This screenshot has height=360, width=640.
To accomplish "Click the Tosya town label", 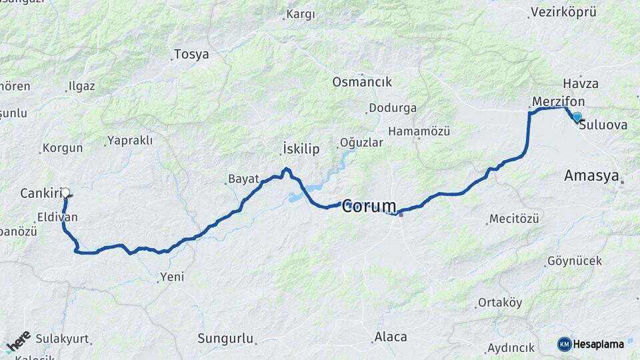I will (x=191, y=55).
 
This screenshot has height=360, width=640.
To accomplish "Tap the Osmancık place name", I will (x=362, y=82).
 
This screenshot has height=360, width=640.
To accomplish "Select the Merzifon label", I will (x=559, y=101).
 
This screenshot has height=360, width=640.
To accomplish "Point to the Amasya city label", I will (x=591, y=176).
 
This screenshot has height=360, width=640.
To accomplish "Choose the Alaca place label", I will (x=391, y=337).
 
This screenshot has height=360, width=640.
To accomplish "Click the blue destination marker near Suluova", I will (x=577, y=117).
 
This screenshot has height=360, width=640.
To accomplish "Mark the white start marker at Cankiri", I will (x=65, y=191).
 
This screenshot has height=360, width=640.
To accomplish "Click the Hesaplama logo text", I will (x=598, y=344).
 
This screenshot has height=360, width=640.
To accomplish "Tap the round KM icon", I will (x=564, y=344).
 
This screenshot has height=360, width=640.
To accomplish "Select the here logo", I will (x=19, y=341).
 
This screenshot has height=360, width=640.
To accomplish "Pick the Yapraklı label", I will (x=129, y=141).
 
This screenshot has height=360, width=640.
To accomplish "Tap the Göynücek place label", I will (x=574, y=261).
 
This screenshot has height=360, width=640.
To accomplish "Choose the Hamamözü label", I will (x=419, y=131).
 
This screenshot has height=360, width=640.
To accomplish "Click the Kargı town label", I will (x=300, y=14).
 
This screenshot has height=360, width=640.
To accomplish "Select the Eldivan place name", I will (x=57, y=217).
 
